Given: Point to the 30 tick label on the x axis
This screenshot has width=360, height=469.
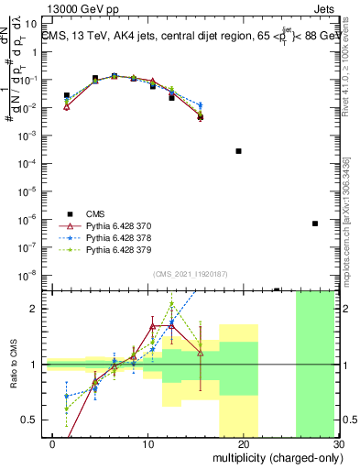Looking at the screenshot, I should pyautogui.click(x=338, y=443).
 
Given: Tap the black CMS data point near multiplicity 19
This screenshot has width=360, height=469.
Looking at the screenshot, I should pyautogui.click(x=238, y=151).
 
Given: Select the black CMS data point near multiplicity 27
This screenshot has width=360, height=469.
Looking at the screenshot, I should pyautogui.click(x=314, y=224).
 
